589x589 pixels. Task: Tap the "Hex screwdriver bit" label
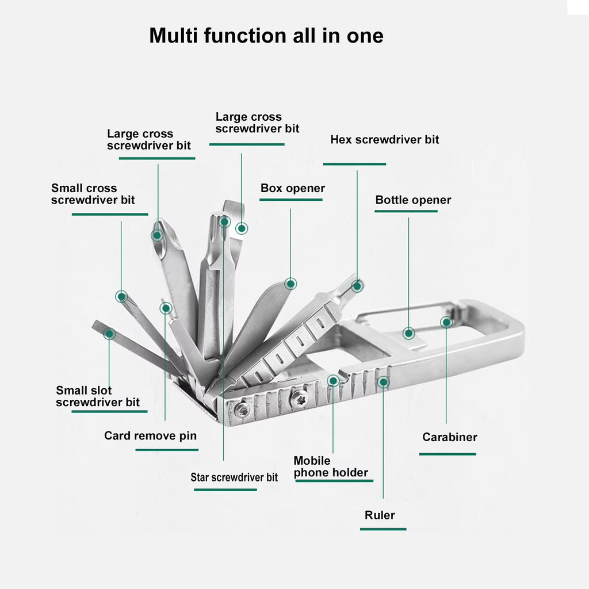pyautogui.click(x=384, y=140)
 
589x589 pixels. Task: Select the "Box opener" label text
pyautogui.click(x=292, y=189)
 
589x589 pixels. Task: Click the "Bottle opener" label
pyautogui.click(x=413, y=200)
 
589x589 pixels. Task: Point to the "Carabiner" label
pyautogui.click(x=449, y=437)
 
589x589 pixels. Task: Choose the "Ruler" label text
pyautogui.click(x=380, y=515)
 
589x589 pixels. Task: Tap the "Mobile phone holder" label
pyautogui.click(x=331, y=467)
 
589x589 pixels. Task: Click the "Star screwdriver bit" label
pyautogui.click(x=234, y=477)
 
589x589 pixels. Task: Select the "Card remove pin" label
pyautogui.click(x=150, y=435)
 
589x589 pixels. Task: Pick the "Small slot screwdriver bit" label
pyautogui.click(x=97, y=396)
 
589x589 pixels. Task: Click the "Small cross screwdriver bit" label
pyautogui.click(x=93, y=194)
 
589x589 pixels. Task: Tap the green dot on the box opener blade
pyautogui.click(x=290, y=283)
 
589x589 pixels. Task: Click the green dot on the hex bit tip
pyautogui.click(x=357, y=285)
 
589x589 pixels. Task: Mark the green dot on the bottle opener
pyautogui.click(x=408, y=333)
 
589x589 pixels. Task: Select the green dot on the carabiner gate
pyautogui.click(x=446, y=322)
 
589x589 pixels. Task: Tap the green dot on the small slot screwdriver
pyautogui.click(x=109, y=333)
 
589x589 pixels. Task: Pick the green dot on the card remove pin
pyautogui.click(x=166, y=308)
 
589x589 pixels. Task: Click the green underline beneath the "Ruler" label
pyautogui.click(x=383, y=529)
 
